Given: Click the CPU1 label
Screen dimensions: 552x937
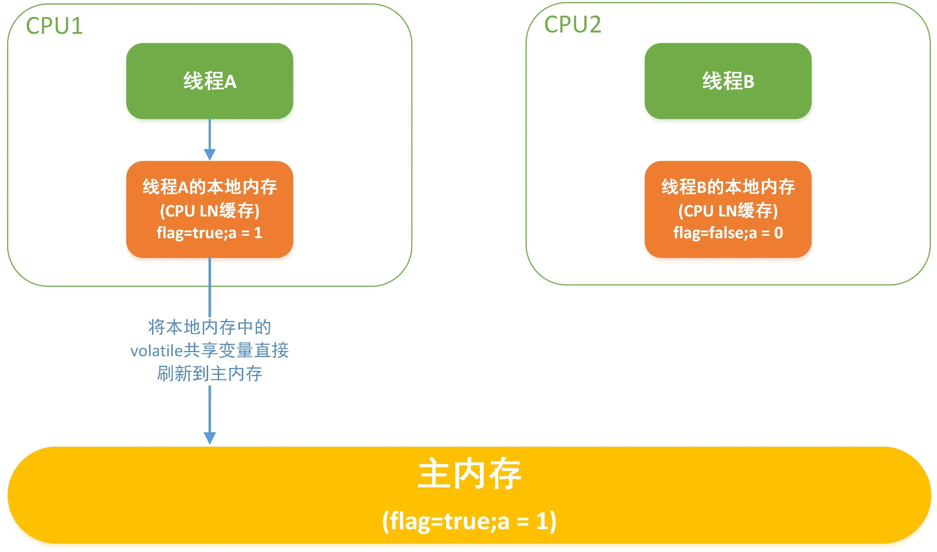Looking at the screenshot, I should (x=54, y=26).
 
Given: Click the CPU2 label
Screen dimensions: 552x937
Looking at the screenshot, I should (x=573, y=24).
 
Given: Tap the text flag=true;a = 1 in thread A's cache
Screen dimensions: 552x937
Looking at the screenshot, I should (x=209, y=233).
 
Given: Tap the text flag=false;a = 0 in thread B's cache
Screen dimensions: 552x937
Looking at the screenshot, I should (x=728, y=233).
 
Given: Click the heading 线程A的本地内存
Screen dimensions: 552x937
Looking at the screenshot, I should (x=209, y=187).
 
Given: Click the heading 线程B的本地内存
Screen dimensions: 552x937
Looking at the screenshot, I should (x=728, y=187).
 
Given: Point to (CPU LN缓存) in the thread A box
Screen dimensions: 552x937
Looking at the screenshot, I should (x=209, y=210).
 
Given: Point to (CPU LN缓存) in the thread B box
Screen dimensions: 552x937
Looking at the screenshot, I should (x=728, y=210).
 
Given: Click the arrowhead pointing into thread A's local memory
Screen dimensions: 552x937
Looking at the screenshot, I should (x=210, y=154).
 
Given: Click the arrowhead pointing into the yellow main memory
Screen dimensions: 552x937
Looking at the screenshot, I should (x=210, y=438).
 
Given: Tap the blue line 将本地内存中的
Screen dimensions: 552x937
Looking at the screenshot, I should (x=209, y=327).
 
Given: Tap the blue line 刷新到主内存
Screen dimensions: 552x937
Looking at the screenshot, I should (x=209, y=373).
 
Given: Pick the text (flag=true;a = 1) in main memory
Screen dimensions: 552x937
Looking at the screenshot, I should (x=469, y=521).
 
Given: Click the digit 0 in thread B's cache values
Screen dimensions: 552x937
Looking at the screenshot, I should (x=778, y=233).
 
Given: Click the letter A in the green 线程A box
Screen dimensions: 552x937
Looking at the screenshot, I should (x=230, y=82).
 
